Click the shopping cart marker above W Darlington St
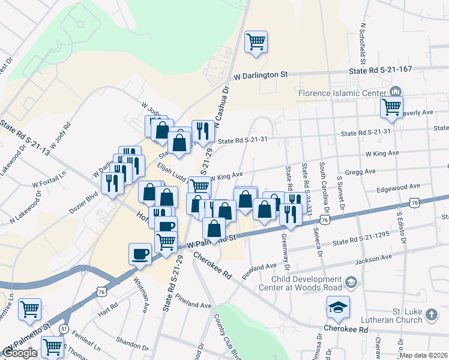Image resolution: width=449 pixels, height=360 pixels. [256, 42]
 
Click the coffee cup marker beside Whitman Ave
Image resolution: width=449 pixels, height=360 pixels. [140, 254]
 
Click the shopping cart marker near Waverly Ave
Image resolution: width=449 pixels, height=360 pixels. [391, 107]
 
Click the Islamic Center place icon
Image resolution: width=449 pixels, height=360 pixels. [396, 92]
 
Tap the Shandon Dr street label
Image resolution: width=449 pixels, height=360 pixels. [133, 347]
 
